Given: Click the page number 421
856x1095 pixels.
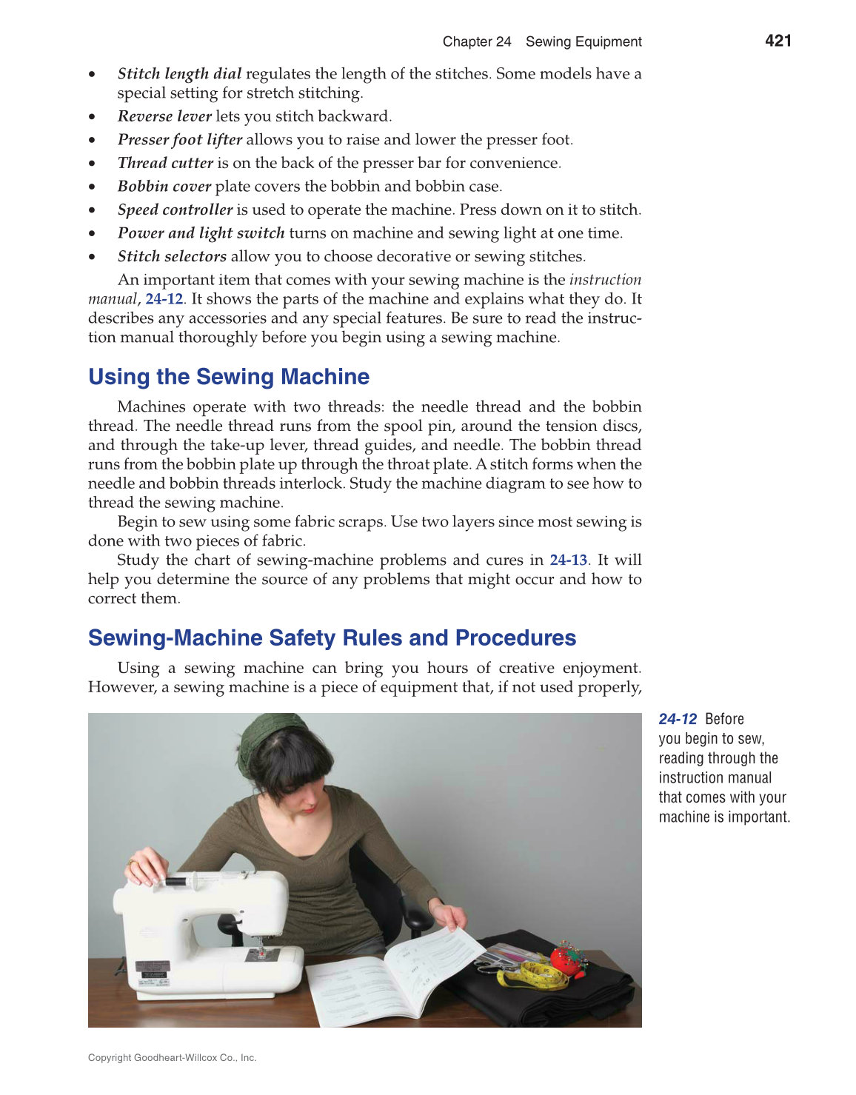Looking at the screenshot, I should point(778,41).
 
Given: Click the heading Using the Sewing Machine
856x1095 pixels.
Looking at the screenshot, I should point(228,377).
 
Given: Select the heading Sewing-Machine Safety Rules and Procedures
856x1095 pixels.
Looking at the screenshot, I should point(332,638).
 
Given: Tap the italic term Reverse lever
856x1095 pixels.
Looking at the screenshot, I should point(164,116).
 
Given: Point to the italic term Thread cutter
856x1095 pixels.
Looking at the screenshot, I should point(165,163).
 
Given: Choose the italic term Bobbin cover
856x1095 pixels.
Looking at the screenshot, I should point(164,187).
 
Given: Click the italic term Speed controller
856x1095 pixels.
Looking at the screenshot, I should point(175,210).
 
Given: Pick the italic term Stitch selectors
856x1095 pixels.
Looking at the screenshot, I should point(172,256).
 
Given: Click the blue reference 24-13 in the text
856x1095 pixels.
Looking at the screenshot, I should point(568,560).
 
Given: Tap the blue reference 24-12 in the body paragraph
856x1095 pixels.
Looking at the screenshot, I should point(164,299).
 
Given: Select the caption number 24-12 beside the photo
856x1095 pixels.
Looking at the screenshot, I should point(678,719).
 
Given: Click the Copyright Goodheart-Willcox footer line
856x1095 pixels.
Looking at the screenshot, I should point(172,1058).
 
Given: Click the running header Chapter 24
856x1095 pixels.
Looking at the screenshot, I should point(477,41).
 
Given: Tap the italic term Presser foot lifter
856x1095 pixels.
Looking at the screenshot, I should point(180,140).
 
